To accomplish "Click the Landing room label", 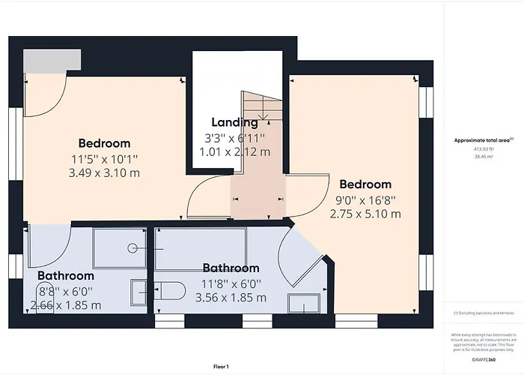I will [234, 122].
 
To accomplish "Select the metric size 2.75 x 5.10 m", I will [365, 214].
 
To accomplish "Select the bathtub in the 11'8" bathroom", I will [201, 245].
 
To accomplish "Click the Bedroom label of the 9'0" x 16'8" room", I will [365, 184].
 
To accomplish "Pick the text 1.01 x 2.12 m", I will [234, 152].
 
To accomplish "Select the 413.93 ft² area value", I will [484, 149].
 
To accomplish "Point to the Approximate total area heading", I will [484, 140].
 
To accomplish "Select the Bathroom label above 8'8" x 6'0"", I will [66, 276].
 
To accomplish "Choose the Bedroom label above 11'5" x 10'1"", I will [105, 143].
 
